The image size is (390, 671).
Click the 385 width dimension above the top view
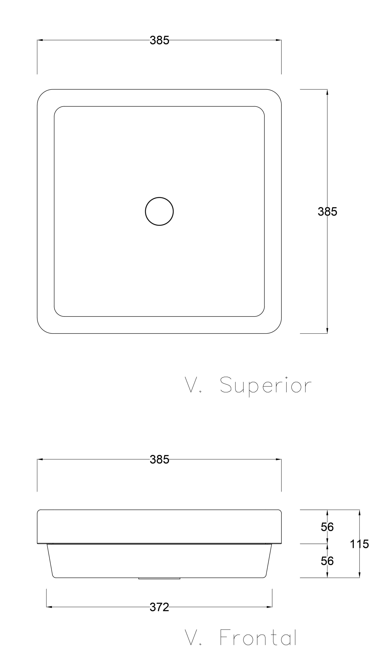159,40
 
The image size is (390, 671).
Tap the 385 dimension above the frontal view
159,459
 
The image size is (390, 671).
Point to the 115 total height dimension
359,544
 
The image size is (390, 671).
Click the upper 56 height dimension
327,527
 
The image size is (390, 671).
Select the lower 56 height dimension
327,561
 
